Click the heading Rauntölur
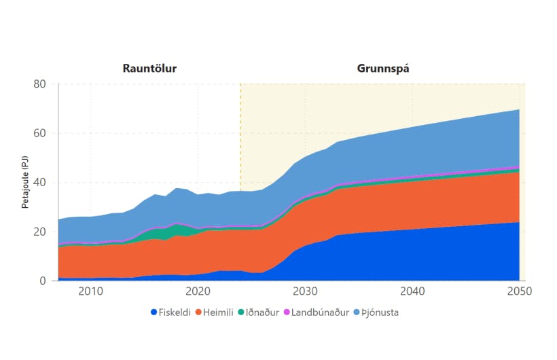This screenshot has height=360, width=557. click(x=154, y=69)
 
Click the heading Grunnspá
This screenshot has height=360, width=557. click(x=382, y=69)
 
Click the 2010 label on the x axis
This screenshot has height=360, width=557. click(x=90, y=291)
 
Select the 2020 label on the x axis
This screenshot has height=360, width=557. click(x=197, y=291)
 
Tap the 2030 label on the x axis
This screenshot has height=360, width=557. click(x=304, y=291)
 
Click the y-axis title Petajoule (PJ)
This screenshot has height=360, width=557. click(x=25, y=182)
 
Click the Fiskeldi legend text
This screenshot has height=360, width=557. click(x=176, y=313)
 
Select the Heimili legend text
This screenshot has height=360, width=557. click(x=223, y=313)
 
